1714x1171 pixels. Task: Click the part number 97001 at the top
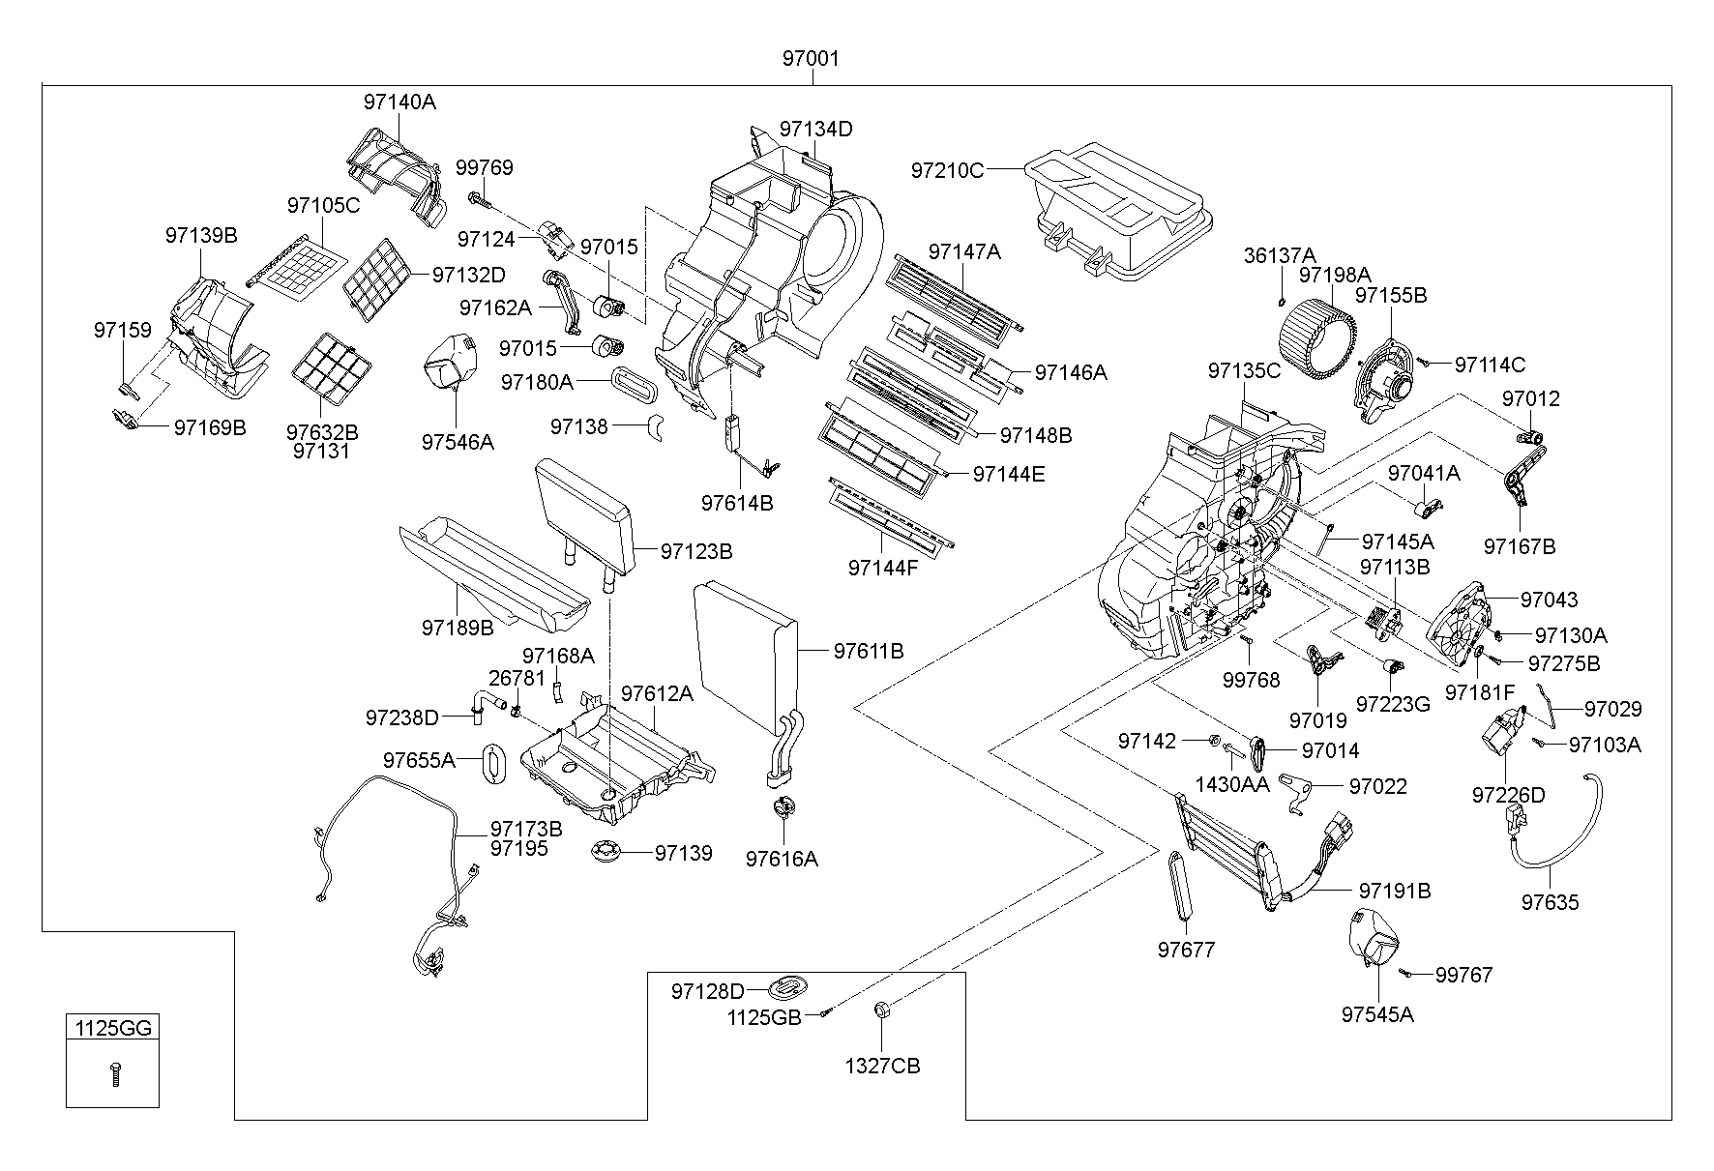pos(811,59)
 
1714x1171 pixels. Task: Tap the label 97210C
pos(947,170)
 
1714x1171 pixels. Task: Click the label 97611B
pos(869,652)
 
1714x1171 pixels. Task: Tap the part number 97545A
pos(1377,1014)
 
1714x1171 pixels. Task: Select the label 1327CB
pos(882,1066)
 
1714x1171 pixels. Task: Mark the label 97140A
pos(399,102)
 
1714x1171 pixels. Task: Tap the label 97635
pos(1550,902)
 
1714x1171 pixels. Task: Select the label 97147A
pos(964,251)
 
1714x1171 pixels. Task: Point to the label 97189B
pos(458,627)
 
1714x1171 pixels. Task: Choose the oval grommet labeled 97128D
pos(788,988)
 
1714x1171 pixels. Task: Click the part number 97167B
pos(1520,546)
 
